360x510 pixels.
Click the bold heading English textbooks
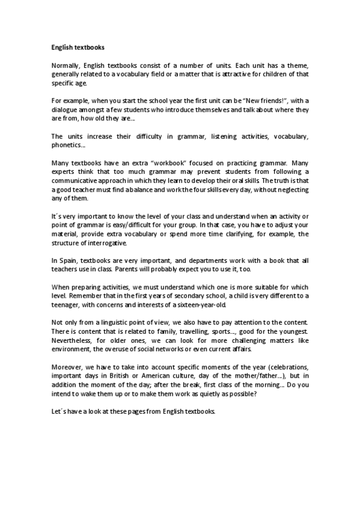(78, 45)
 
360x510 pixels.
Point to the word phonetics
(67, 145)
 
